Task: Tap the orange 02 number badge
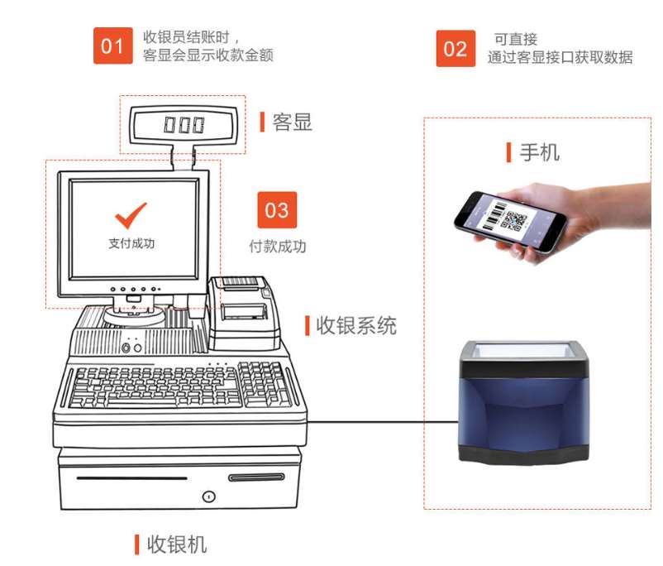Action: pyautogui.click(x=456, y=49)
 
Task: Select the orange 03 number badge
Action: pyautogui.click(x=276, y=210)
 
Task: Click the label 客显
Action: pyautogui.click(x=292, y=122)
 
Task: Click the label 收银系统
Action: pyautogui.click(x=355, y=325)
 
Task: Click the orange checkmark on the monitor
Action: pyautogui.click(x=131, y=214)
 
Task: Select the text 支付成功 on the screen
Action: pyautogui.click(x=131, y=243)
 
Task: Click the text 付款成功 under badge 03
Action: pyautogui.click(x=277, y=247)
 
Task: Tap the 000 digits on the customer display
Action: pyautogui.click(x=183, y=125)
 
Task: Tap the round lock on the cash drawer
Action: pyautogui.click(x=208, y=496)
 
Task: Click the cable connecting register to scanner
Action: pyautogui.click(x=380, y=422)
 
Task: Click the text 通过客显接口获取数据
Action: pyautogui.click(x=560, y=58)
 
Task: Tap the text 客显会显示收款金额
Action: pyautogui.click(x=207, y=55)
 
